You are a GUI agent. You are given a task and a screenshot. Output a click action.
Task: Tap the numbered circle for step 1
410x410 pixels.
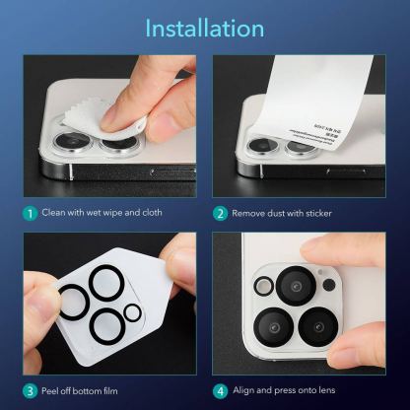tap(31, 212)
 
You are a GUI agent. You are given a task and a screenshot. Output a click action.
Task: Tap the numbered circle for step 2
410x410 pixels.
tap(221, 212)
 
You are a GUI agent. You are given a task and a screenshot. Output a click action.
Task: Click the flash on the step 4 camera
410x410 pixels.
tap(263, 286)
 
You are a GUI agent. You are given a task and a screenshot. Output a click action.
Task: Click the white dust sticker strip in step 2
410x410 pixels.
tap(315, 99)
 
